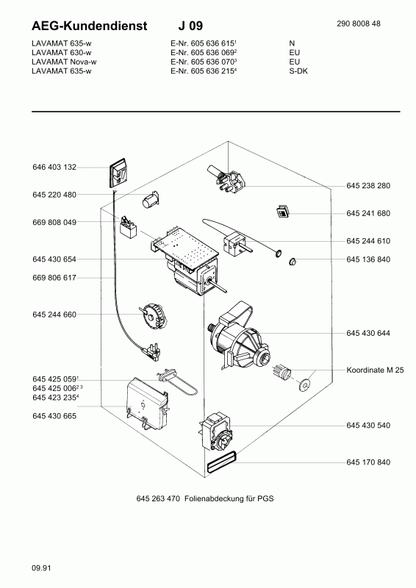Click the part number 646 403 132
tap(54, 168)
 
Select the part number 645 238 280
tap(368, 186)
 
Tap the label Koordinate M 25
tap(375, 370)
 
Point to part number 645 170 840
tap(368, 462)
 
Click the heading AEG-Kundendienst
tap(89, 26)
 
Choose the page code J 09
tap(190, 26)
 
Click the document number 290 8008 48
tap(359, 24)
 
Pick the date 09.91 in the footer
tap(41, 568)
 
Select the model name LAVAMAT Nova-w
tap(62, 62)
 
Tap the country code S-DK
tap(298, 71)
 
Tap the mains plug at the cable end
tap(153, 351)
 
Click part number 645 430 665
tap(54, 416)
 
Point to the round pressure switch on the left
tap(154, 314)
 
